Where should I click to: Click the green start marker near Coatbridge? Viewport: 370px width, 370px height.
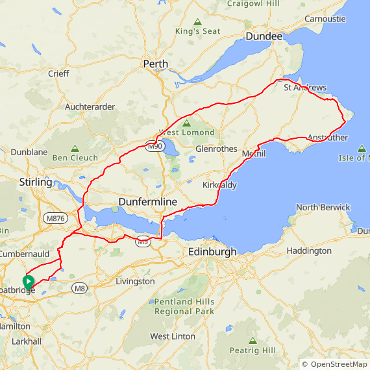click(x=28, y=282)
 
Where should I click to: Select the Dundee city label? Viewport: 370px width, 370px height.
click(x=264, y=37)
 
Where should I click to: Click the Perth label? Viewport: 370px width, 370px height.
click(x=156, y=64)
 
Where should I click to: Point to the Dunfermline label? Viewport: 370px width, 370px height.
click(x=147, y=202)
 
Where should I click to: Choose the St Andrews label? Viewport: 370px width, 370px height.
click(x=306, y=88)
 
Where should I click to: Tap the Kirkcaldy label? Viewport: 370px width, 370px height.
click(x=219, y=185)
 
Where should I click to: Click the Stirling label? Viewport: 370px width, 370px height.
click(x=36, y=182)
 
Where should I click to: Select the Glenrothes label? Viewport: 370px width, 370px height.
click(x=216, y=149)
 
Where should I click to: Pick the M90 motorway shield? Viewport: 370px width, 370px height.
click(x=154, y=147)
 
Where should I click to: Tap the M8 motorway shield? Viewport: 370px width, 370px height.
click(x=80, y=288)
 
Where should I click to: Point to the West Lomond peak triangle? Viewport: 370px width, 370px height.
click(x=187, y=123)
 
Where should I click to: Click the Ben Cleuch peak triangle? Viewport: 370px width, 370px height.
click(x=75, y=148)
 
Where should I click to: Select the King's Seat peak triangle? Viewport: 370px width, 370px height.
click(x=197, y=21)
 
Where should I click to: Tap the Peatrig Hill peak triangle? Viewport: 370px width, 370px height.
click(x=252, y=340)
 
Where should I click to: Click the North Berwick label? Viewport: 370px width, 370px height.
click(x=323, y=208)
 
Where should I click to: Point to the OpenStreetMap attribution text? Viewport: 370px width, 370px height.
click(x=335, y=365)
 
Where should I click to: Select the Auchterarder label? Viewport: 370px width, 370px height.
click(x=90, y=106)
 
